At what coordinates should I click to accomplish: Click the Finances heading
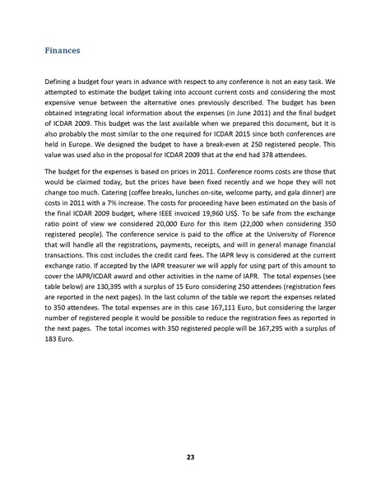click(x=61, y=51)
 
